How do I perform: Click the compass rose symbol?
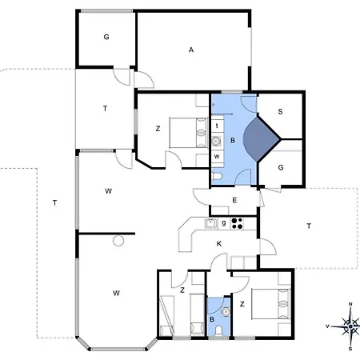[350, 326]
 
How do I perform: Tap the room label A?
[191, 50]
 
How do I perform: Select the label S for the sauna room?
[280, 111]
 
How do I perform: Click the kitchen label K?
[219, 243]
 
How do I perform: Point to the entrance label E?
[234, 200]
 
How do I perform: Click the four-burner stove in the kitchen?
[237, 223]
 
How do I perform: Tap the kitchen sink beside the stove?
[211, 223]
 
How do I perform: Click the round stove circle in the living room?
[118, 241]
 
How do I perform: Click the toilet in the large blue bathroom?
[217, 176]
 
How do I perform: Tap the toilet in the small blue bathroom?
[218, 330]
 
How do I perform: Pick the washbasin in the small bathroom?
[226, 311]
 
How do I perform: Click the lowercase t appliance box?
[218, 126]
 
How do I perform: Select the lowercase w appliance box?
[218, 156]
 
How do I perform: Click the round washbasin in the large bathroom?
[216, 141]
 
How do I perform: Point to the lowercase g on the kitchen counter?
[224, 223]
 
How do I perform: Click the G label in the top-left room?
[106, 37]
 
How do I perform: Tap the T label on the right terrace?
[309, 226]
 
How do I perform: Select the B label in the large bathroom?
[233, 140]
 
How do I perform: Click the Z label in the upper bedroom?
[158, 129]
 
